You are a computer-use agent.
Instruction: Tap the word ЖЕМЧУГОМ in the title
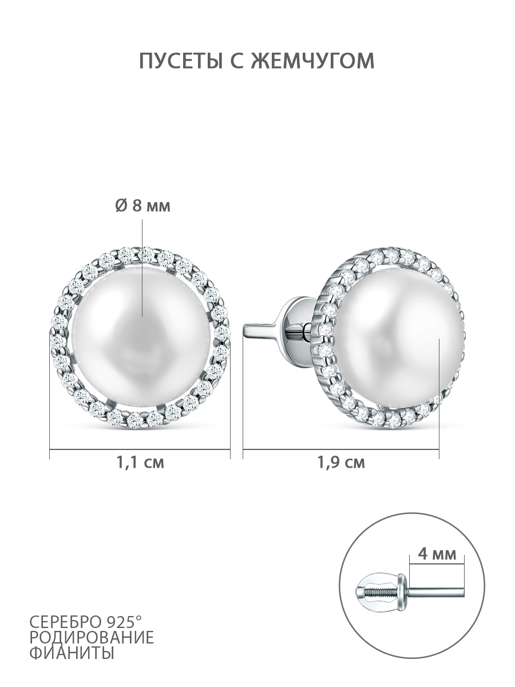(313, 61)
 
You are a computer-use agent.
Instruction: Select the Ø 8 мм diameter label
(143, 206)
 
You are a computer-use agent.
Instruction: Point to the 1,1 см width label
(140, 471)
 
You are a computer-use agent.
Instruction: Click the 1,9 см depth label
(341, 471)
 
